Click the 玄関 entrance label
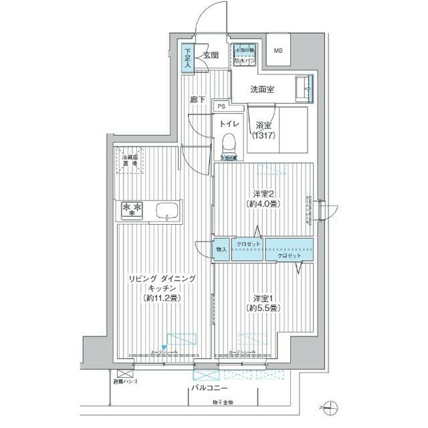(211, 56)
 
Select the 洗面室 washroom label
(263, 89)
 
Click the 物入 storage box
(221, 249)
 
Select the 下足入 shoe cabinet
(188, 58)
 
